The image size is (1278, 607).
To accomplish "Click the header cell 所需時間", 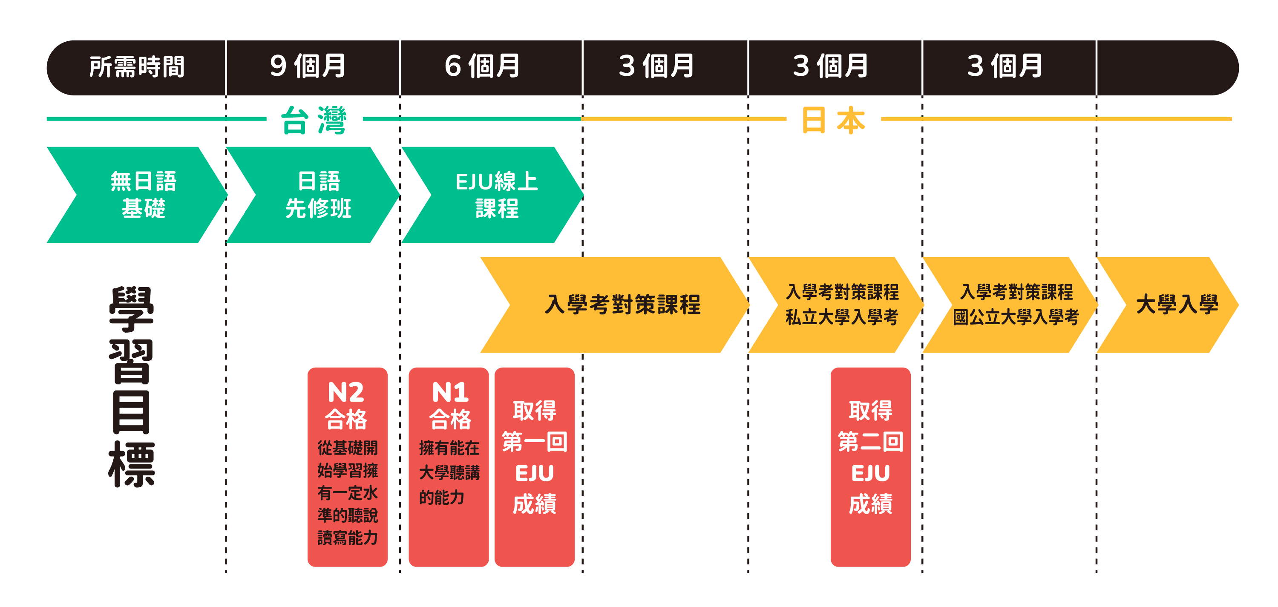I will click(x=136, y=67).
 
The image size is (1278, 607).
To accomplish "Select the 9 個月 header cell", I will click(x=308, y=66).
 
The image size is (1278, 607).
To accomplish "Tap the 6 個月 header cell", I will click(x=482, y=66).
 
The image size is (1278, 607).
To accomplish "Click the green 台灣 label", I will click(x=314, y=121).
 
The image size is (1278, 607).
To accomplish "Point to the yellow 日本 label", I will click(x=834, y=121).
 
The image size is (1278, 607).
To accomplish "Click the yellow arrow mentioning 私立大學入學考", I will click(x=842, y=305).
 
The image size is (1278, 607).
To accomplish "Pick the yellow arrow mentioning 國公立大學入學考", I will click(x=1016, y=305).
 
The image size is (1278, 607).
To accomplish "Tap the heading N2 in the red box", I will click(x=346, y=393).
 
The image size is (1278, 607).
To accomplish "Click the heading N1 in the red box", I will click(x=450, y=393).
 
